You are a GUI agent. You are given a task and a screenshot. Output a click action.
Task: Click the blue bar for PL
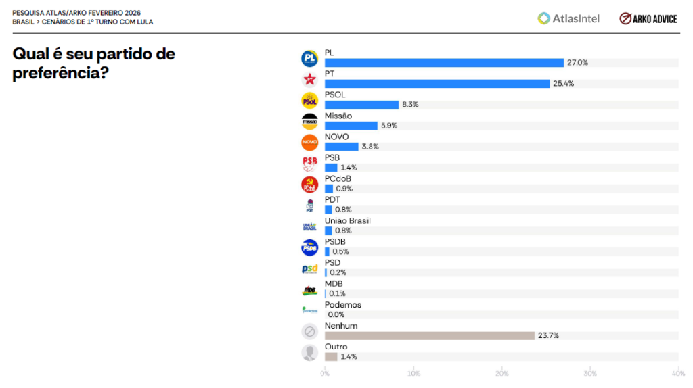tap(444, 63)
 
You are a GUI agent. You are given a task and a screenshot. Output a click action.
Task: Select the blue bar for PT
tap(437, 84)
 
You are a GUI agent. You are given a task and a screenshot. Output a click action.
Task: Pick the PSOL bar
tap(361, 105)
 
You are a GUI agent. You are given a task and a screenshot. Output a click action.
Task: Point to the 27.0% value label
tap(577, 63)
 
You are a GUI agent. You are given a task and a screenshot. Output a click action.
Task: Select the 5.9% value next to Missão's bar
tap(388, 126)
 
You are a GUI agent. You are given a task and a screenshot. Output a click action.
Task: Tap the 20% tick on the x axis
tap(502, 373)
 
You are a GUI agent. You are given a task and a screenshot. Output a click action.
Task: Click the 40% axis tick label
tap(678, 373)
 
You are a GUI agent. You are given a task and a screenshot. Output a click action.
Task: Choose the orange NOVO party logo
tap(309, 143)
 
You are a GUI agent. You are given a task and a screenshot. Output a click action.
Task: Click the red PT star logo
tap(309, 80)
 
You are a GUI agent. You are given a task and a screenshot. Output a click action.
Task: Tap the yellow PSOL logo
tap(309, 101)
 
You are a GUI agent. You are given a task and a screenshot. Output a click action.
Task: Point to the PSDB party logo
tap(309, 247)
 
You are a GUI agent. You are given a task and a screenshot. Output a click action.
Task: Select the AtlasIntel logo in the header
tap(568, 18)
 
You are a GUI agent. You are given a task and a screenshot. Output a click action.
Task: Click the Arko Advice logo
tap(648, 18)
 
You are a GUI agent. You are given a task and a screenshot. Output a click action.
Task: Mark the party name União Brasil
tap(348, 221)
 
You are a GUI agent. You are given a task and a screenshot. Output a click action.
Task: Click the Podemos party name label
tap(343, 305)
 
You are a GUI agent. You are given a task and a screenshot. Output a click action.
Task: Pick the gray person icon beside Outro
tap(309, 353)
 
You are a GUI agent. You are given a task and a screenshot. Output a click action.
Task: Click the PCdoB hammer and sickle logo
tap(309, 185)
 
